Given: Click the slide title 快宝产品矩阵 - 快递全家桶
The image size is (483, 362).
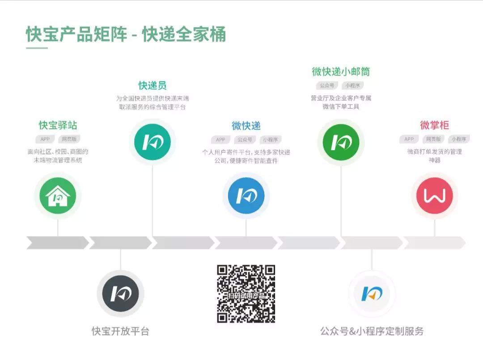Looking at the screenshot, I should point(126,34).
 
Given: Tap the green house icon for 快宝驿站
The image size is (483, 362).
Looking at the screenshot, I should point(58,196).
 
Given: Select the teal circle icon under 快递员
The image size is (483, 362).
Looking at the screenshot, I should point(153,142).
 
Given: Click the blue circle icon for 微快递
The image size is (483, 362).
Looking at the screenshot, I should point(246,196).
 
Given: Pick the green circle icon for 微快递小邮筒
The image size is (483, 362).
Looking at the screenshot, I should point(341,142).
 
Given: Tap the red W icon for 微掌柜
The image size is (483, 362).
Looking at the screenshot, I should point(434,196).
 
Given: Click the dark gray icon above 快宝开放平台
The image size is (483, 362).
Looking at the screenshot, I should point(120,294).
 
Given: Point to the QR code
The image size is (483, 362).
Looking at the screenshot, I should point(246,294).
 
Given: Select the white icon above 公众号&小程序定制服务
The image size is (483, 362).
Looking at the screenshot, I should point(372,294).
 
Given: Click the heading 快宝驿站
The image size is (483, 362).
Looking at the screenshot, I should point(58,125).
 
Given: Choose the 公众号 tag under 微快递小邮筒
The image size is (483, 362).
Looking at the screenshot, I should point(327,85).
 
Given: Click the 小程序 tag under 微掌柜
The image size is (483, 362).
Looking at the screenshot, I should point(458,139).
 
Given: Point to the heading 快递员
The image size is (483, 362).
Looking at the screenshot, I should point(153,85).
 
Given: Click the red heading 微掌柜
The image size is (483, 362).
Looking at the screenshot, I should point(434,125).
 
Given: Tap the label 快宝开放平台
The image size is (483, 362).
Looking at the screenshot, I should point(120,331).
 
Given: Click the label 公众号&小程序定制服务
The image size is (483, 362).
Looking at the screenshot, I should point(372,331).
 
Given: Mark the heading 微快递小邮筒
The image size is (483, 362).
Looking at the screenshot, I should point(341,72).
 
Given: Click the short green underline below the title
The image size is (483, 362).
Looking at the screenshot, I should point(37,48).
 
